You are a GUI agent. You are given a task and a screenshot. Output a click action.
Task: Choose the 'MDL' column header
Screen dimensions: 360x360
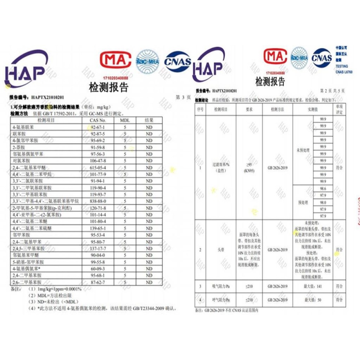[124, 120]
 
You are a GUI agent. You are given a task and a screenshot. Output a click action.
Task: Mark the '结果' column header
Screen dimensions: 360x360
[149, 120]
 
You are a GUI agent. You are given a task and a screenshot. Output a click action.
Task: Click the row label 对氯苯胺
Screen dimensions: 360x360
[22, 161]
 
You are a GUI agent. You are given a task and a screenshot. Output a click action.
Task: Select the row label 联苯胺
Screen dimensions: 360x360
[19, 134]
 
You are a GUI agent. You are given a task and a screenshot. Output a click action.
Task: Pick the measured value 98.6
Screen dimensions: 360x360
[323, 189]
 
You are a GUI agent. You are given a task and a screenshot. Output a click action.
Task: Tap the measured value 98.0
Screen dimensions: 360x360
[323, 202]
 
